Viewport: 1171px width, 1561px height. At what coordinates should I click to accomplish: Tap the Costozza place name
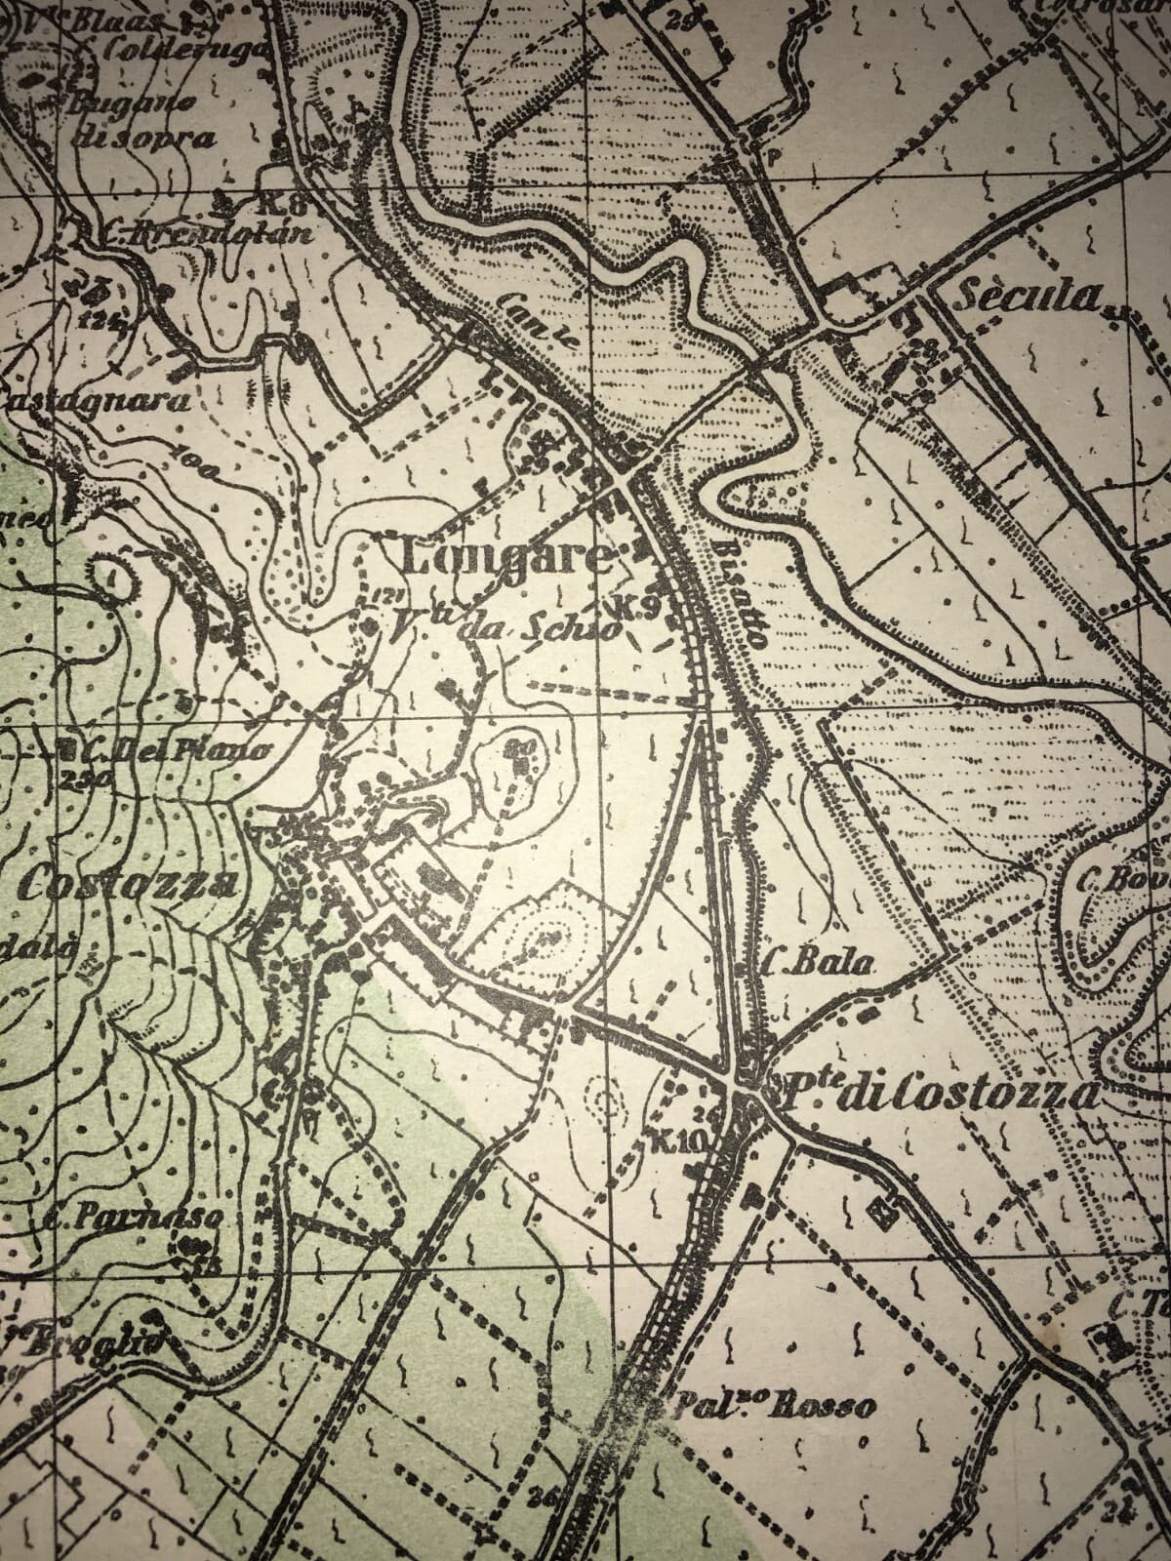127,885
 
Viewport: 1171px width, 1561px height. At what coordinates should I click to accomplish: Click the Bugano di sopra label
141,119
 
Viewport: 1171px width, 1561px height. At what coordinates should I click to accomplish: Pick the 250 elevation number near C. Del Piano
74,780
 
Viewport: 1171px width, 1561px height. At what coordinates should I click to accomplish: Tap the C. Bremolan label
205,234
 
